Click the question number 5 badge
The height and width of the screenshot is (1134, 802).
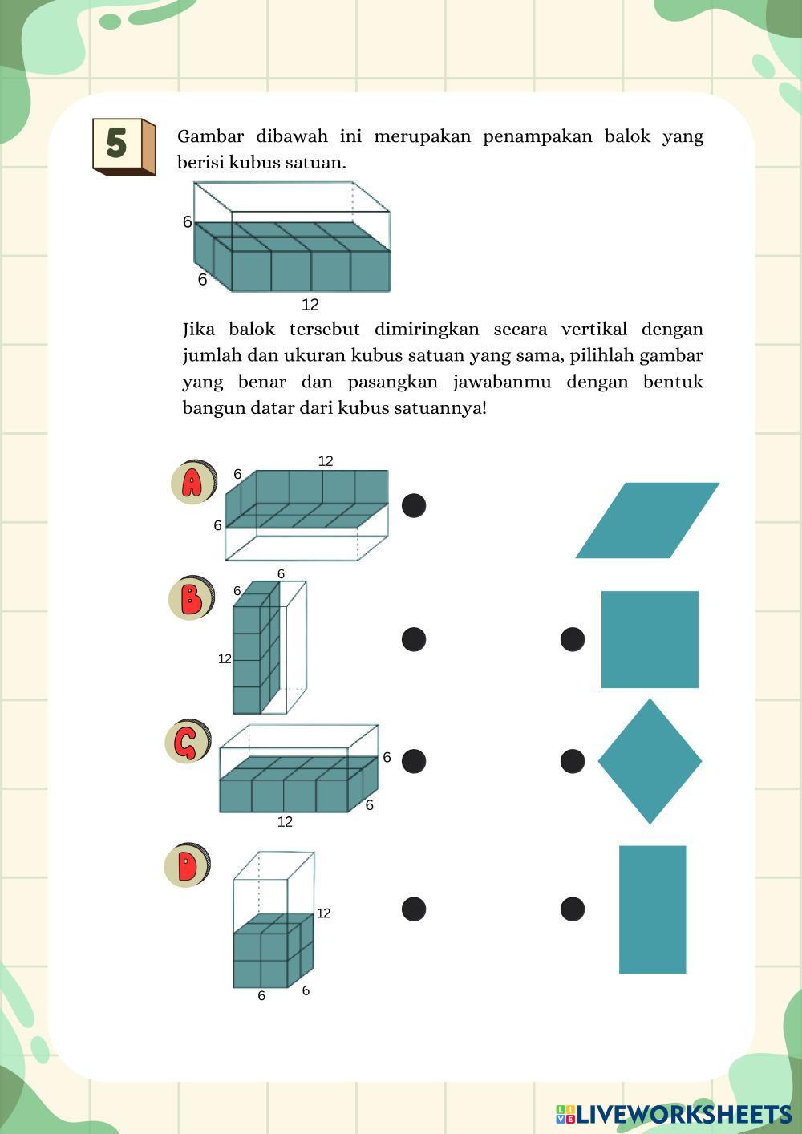coord(122,145)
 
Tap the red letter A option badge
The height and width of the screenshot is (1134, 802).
coord(192,483)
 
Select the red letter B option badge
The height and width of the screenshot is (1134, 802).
coord(191,598)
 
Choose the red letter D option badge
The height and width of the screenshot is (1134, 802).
coord(187,865)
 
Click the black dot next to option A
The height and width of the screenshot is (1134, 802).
coord(413,505)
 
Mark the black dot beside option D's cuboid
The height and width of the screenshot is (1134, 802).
coord(413,909)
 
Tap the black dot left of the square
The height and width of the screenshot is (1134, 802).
coord(572,639)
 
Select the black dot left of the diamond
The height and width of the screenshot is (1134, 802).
coord(572,761)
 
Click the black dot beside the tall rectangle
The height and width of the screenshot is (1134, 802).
coord(572,909)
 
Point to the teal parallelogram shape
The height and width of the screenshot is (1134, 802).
coord(647,520)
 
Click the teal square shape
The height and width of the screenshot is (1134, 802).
coord(650,639)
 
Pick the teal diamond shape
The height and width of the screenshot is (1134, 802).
coord(650,761)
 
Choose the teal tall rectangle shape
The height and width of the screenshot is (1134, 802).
coord(652,909)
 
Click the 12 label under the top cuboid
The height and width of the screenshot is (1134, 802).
coord(310,305)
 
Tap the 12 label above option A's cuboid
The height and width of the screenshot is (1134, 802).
coord(325,461)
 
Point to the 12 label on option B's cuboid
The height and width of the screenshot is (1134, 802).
coord(225,659)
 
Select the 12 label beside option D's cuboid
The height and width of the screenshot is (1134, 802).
coord(323,913)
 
